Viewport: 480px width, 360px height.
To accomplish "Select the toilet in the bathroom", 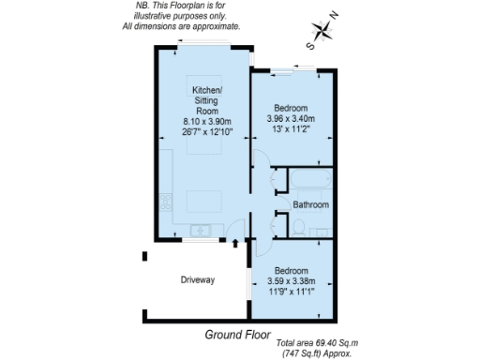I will point(297,226).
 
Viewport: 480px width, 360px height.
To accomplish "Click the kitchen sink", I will point(199,231).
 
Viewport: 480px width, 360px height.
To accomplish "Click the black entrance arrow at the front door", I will point(234,244).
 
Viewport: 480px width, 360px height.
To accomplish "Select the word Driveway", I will point(198,279).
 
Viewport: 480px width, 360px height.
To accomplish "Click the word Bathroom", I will point(310,204).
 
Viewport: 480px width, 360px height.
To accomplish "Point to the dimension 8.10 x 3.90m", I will point(202,121).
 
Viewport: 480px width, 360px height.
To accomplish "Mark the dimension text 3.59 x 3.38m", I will point(290,280).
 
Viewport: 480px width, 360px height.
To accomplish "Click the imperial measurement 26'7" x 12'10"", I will point(202,132).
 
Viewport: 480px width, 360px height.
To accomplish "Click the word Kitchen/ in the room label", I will point(200,90).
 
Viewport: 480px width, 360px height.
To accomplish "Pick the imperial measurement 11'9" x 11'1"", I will point(290,292).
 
